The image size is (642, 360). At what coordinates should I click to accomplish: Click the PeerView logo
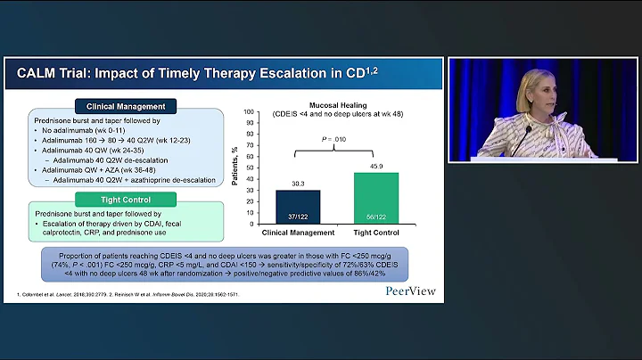(413, 290)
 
